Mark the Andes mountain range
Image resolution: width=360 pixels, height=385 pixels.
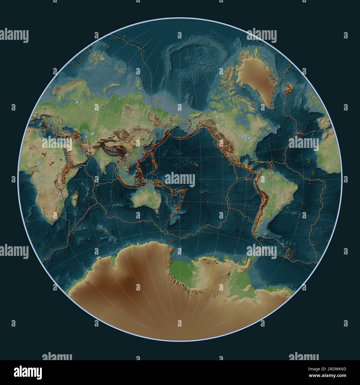pos(263,199)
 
